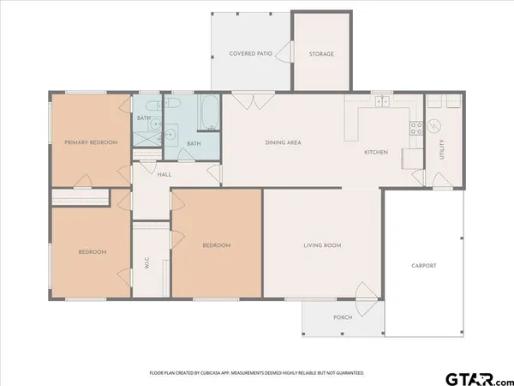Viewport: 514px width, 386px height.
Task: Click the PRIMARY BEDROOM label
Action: [x=91, y=142]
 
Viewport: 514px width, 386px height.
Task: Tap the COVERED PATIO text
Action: [x=251, y=54]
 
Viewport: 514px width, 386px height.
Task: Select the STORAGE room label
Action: [x=321, y=54]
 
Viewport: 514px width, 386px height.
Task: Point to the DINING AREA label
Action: [x=283, y=142]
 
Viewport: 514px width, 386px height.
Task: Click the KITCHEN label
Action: [x=376, y=152]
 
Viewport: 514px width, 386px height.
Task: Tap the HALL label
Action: [x=164, y=174]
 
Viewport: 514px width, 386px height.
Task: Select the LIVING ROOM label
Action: [x=322, y=245]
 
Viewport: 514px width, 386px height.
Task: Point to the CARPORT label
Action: [x=423, y=266]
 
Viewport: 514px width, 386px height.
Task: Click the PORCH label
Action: [x=343, y=317]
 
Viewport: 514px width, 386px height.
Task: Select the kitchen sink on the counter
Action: [x=382, y=103]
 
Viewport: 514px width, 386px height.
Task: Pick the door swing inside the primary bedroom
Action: [x=84, y=180]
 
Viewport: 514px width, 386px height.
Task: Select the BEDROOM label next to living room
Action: [x=217, y=245]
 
